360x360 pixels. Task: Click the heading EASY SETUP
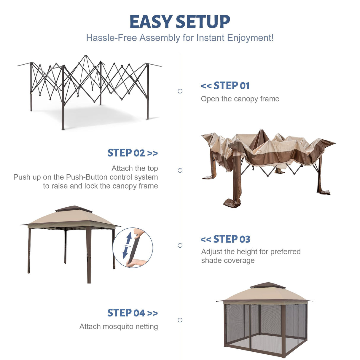[180, 22]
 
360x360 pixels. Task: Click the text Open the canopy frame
[240, 99]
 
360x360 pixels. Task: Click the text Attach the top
[135, 168]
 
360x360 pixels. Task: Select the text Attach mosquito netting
[119, 326]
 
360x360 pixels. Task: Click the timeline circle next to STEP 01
[180, 91]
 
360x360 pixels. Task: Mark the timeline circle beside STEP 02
[180, 170]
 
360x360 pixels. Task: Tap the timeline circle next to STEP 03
[180, 245]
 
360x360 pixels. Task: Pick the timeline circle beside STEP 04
[180, 320]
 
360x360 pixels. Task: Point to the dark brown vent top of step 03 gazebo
[74, 209]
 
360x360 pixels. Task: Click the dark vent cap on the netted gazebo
[267, 285]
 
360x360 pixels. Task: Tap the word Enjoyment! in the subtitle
[250, 38]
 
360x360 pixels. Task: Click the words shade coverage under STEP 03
[228, 260]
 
